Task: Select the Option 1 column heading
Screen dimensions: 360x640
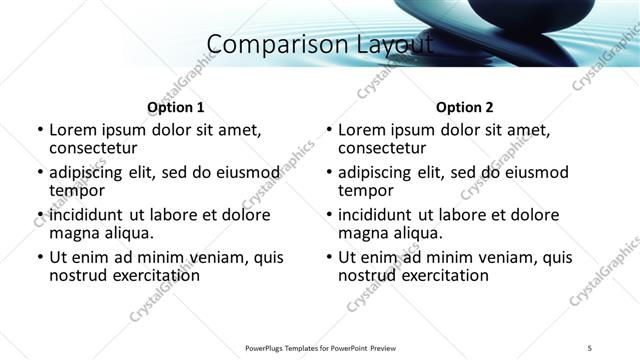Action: coord(175,107)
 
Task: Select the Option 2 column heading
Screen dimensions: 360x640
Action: coord(464,107)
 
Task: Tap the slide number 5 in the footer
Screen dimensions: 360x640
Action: coord(590,348)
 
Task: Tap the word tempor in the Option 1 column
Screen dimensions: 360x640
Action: coord(77,190)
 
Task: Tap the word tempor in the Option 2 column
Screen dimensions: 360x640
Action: coord(366,190)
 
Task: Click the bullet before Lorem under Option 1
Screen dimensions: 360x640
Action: coord(39,130)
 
